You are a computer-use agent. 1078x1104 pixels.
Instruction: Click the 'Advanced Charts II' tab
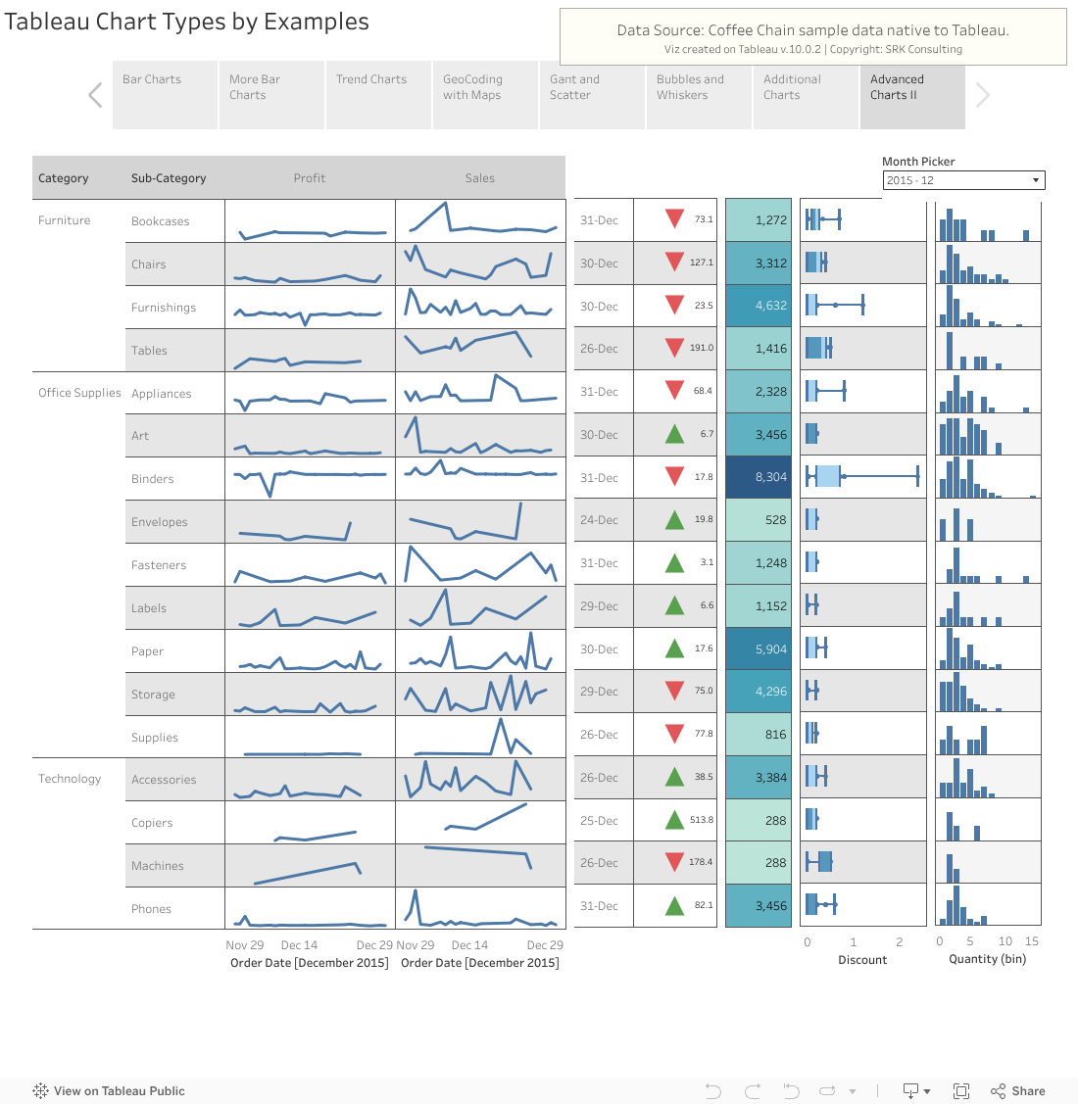(x=911, y=96)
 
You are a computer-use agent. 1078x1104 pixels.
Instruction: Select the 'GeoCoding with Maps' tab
(x=484, y=96)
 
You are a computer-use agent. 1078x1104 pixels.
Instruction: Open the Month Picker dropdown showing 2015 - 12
(x=963, y=180)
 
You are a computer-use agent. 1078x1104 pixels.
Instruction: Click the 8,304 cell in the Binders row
(x=758, y=477)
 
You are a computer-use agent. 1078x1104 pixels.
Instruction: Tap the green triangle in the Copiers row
(x=674, y=820)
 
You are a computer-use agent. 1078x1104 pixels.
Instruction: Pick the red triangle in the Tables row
(x=674, y=348)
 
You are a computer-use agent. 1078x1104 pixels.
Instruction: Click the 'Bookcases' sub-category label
(x=161, y=221)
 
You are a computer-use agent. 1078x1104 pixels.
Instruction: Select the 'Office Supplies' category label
(x=79, y=393)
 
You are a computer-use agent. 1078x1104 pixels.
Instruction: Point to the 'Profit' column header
(x=309, y=178)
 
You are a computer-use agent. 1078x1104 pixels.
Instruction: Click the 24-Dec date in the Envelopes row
(x=599, y=520)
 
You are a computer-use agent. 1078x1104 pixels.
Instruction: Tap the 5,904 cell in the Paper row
(x=758, y=649)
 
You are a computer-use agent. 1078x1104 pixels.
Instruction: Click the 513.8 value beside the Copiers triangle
(x=702, y=820)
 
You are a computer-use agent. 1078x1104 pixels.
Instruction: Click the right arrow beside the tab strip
(x=983, y=95)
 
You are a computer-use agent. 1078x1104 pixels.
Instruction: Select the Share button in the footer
(x=1018, y=1091)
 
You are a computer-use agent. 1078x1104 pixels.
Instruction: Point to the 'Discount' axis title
(x=862, y=960)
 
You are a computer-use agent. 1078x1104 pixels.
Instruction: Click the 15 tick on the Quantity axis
(x=1031, y=941)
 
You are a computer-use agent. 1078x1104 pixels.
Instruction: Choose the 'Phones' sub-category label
(x=151, y=909)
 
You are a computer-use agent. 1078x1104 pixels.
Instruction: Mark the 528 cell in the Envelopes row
(x=758, y=520)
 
